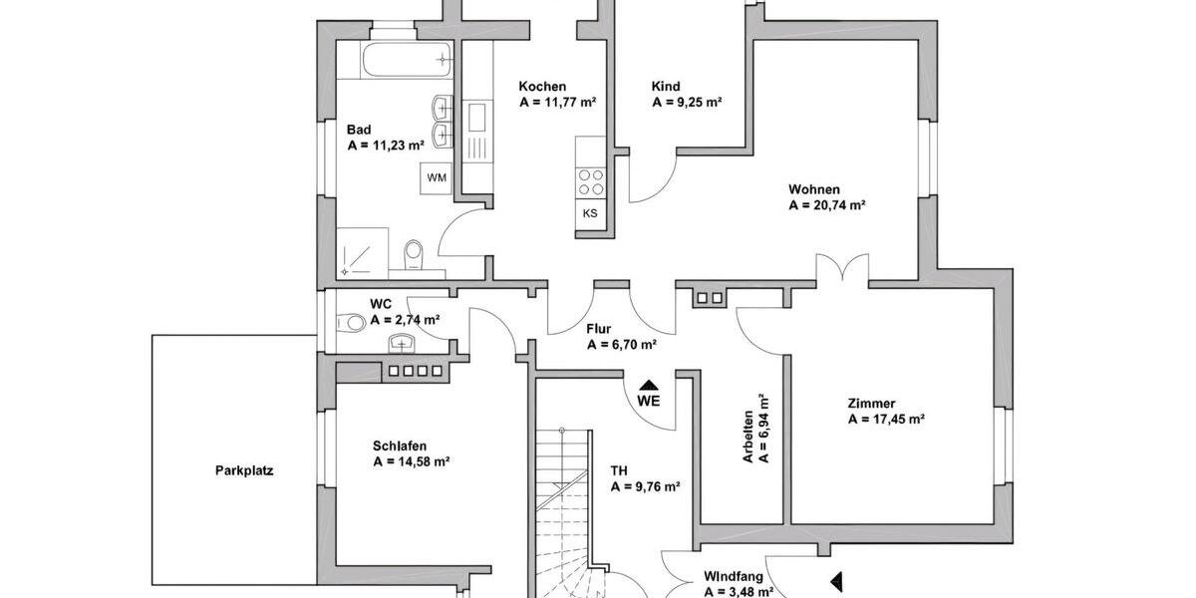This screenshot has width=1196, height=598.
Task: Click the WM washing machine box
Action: click(437, 177)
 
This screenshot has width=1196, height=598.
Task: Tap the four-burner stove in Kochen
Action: click(590, 181)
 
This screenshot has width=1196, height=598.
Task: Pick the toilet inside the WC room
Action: click(352, 322)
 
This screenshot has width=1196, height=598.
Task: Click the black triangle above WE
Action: click(649, 385)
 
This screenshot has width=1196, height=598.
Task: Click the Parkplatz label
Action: click(243, 471)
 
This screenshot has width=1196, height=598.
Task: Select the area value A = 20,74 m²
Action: click(826, 206)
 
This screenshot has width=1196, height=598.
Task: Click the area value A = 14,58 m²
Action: click(411, 461)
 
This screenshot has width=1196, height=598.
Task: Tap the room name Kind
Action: click(665, 86)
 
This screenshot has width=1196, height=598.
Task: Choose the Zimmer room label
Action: click(871, 403)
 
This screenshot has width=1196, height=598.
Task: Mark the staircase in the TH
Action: click(566, 498)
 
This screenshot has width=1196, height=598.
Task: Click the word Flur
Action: click(599, 328)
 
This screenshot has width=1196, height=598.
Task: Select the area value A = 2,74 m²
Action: click(405, 320)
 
